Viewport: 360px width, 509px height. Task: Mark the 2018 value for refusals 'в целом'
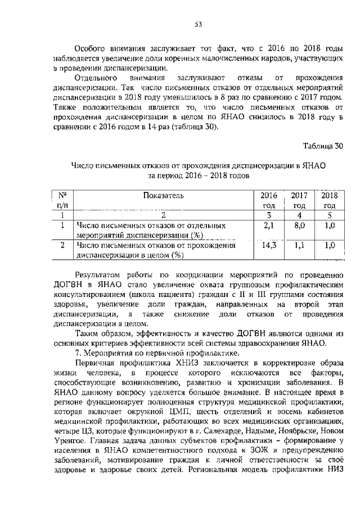click(329, 245)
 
